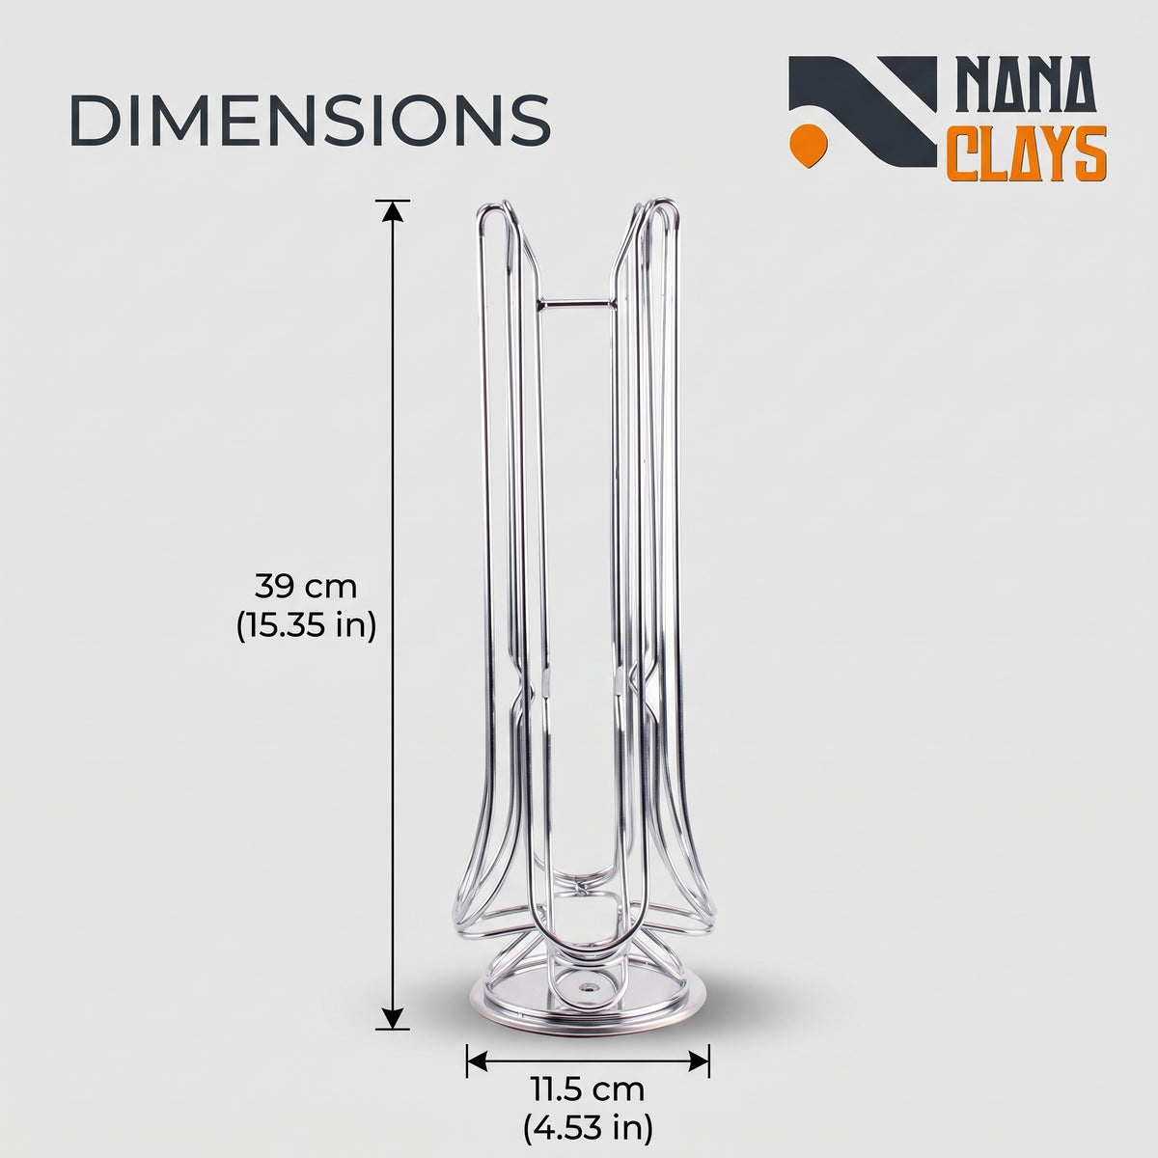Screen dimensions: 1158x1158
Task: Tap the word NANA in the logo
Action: (1024, 86)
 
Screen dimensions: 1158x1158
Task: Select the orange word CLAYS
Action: (1027, 153)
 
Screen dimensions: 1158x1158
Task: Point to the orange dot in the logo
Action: (809, 146)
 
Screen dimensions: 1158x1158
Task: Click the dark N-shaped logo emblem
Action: (863, 111)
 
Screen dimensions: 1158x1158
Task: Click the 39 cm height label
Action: (306, 587)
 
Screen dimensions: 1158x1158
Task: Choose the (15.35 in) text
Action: (306, 627)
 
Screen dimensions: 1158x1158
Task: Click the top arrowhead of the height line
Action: (393, 211)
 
